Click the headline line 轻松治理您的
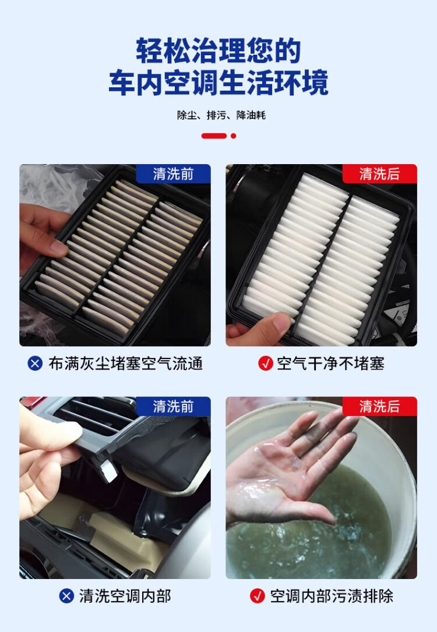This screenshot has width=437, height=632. click(218, 51)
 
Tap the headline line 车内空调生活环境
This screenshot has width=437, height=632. click(218, 83)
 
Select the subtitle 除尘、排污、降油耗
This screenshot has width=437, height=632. click(221, 115)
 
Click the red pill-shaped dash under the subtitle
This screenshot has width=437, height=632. click(214, 136)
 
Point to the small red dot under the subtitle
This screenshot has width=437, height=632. click(233, 136)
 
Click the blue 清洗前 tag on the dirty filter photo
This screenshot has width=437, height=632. click(173, 174)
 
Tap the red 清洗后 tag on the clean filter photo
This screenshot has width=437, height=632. click(379, 174)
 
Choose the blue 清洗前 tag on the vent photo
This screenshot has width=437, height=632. click(173, 406)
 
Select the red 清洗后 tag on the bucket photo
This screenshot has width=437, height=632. click(379, 406)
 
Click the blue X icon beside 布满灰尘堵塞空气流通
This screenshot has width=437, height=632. click(35, 364)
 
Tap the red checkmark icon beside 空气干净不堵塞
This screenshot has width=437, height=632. click(266, 364)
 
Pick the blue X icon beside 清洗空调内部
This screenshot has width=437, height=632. click(66, 596)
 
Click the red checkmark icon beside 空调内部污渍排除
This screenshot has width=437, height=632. click(258, 596)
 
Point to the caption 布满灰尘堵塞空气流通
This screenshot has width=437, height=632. click(125, 364)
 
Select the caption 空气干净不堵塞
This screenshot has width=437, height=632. click(330, 364)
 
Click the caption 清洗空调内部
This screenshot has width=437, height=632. click(125, 596)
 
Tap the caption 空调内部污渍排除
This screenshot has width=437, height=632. click(332, 596)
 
